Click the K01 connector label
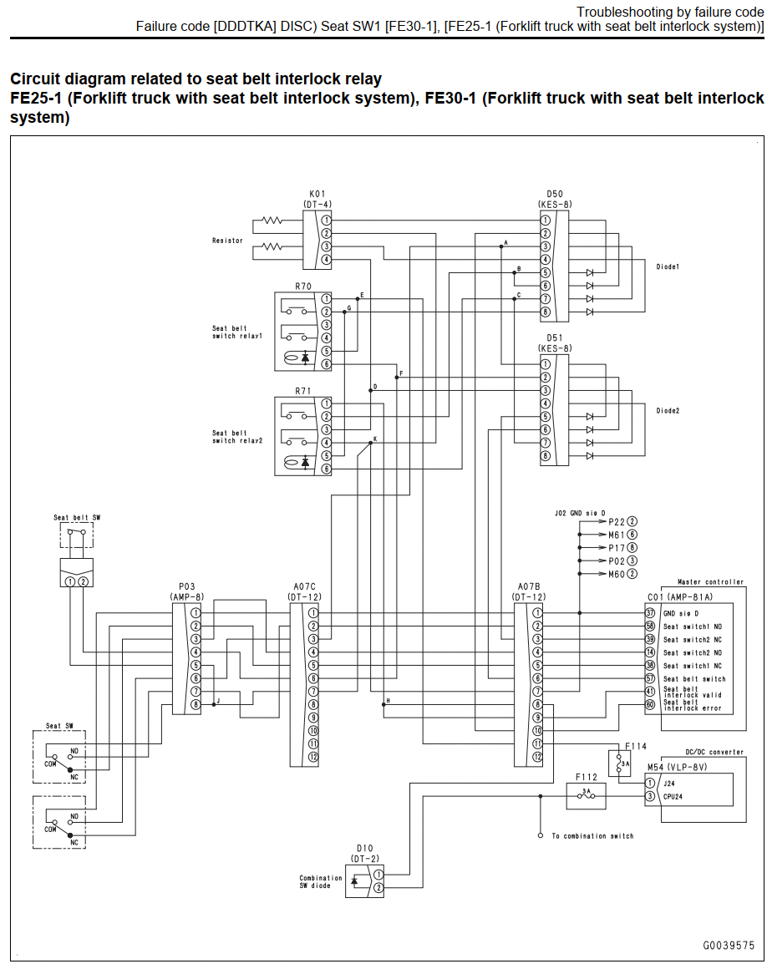[317, 194]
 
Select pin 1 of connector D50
[545, 220]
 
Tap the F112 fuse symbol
[586, 796]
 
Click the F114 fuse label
[636, 746]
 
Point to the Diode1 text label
[668, 266]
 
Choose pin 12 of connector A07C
[313, 757]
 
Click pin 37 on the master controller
[650, 613]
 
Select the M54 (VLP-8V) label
[678, 767]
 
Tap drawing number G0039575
[729, 946]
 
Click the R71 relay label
[302, 391]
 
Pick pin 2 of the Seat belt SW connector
[83, 581]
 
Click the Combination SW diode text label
[321, 881]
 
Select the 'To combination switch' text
[592, 835]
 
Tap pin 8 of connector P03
[196, 704]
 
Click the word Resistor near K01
[227, 241]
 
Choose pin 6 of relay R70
[326, 364]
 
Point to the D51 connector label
[555, 338]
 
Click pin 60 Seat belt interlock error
[650, 704]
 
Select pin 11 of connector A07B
[538, 743]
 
